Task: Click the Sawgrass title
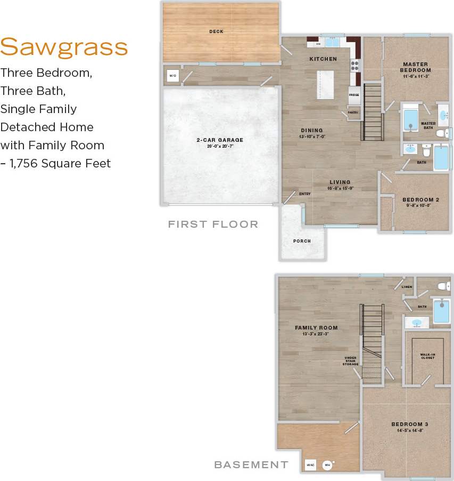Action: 64,48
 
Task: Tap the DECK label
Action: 216,31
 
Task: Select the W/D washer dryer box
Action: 173,76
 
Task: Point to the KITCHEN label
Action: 323,59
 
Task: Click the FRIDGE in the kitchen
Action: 354,94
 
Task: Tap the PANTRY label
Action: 353,113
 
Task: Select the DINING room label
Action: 312,130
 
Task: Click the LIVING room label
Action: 341,182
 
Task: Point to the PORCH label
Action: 302,241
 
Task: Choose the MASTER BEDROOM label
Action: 416,67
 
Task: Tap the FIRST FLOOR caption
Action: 213,225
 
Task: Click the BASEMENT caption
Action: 251,465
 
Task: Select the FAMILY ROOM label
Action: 316,328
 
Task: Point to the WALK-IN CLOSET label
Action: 427,356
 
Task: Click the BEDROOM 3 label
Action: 410,424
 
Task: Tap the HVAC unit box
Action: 311,464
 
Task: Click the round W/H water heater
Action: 327,464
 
